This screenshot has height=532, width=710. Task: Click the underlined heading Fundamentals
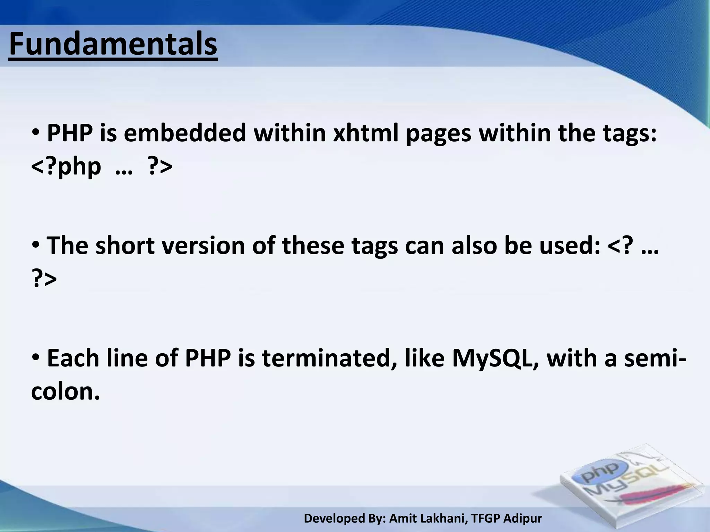point(113,44)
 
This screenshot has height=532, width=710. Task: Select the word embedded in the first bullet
point(185,133)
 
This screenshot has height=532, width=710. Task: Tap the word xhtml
point(365,133)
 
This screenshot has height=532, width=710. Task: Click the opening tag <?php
point(66,167)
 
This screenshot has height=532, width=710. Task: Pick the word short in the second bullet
point(125,246)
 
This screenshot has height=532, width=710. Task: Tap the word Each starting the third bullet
point(73,358)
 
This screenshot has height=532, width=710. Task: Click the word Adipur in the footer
point(523,518)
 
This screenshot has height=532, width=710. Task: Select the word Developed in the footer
point(334,518)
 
